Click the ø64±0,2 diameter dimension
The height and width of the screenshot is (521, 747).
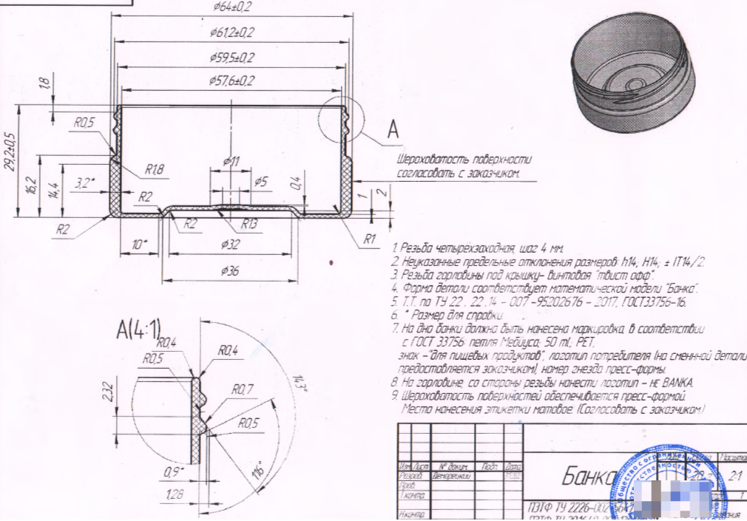[x=232, y=6]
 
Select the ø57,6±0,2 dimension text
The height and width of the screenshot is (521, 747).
[x=232, y=81]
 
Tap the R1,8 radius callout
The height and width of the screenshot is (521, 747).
[x=154, y=170]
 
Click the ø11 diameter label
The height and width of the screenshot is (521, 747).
[x=231, y=161]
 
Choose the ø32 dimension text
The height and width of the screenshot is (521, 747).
[x=231, y=244]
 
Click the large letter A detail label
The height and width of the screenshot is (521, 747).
[x=393, y=130]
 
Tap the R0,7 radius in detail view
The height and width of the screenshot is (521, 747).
[x=243, y=389]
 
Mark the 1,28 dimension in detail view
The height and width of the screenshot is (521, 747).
[x=175, y=494]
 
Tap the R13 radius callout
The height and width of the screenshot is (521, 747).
[x=249, y=224]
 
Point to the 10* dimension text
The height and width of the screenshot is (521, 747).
[x=140, y=244]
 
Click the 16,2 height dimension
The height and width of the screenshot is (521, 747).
[x=30, y=185]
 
